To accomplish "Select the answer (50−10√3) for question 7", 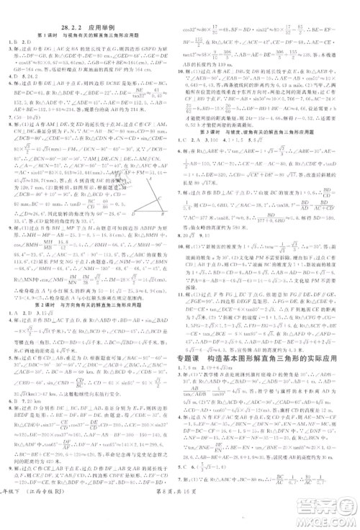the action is click(32, 114).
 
